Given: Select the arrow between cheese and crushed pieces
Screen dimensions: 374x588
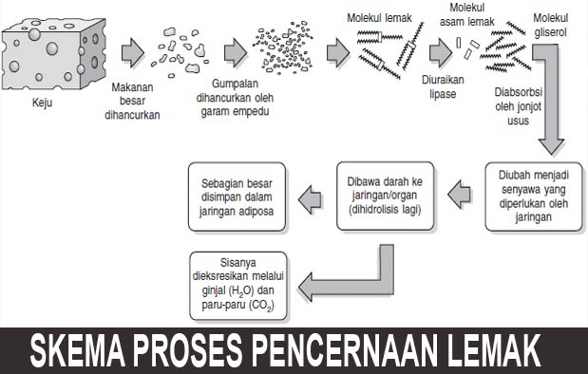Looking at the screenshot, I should coord(135,49).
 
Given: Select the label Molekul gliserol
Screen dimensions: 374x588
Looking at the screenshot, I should coord(555,24).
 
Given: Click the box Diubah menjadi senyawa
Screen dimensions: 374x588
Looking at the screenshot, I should coord(533,196).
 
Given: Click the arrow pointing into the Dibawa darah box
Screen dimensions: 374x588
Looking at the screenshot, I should coord(459,196).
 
